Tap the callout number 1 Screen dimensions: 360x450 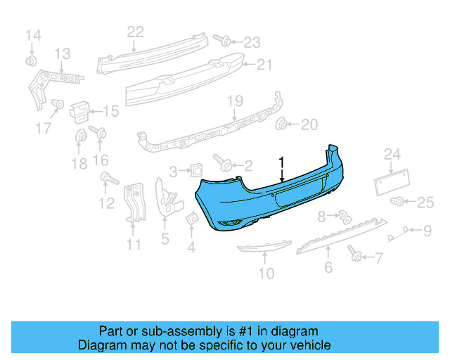[281, 162]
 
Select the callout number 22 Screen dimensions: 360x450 [135, 31]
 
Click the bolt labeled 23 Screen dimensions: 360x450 [219, 41]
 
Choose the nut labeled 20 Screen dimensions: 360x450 [282, 124]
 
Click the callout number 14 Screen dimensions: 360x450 [34, 35]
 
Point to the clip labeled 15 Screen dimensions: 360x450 [80, 110]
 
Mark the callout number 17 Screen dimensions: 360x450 [44, 129]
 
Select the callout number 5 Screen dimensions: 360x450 [165, 239]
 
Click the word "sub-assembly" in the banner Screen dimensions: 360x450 [163, 331]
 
